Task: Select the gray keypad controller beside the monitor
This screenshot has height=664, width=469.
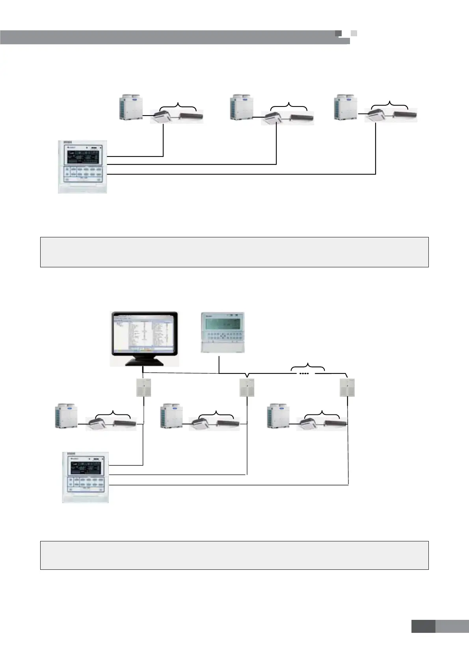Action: (223, 332)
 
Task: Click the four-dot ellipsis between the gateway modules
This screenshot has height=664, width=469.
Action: (304, 373)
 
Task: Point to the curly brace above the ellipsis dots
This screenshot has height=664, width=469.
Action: (308, 366)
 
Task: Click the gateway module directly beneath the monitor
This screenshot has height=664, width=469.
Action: (143, 388)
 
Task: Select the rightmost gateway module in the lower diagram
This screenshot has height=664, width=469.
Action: (347, 388)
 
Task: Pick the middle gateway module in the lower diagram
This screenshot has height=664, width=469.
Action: (247, 388)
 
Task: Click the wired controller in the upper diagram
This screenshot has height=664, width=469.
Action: (82, 166)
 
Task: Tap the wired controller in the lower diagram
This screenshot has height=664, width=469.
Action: (86, 477)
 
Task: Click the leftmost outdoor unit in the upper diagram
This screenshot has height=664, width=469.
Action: (131, 106)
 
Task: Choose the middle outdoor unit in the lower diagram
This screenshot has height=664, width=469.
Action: (171, 416)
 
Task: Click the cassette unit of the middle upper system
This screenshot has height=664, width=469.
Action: (274, 117)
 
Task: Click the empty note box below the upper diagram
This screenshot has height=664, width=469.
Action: (234, 252)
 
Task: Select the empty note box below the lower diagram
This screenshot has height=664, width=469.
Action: (234, 555)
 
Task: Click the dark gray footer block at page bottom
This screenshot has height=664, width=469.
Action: (423, 627)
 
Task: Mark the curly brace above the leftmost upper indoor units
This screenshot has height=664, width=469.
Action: (178, 106)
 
